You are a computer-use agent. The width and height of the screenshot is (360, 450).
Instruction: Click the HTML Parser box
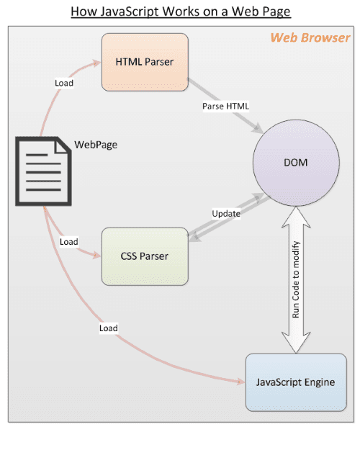pos(143,63)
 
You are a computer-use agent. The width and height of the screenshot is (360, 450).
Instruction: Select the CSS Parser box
pos(144,256)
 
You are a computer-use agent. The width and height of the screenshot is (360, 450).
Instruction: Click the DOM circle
pos(295,163)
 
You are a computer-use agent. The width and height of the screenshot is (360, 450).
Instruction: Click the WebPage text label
pos(96,145)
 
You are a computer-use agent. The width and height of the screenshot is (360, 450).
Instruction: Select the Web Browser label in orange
pos(310,37)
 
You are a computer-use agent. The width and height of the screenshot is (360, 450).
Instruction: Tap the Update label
pos(226,214)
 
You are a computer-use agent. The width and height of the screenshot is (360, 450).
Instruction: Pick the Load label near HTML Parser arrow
pos(64,83)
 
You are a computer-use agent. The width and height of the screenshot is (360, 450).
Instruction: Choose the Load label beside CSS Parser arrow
pos(69,242)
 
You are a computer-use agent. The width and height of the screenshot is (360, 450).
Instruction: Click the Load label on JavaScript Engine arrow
pos(109,328)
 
